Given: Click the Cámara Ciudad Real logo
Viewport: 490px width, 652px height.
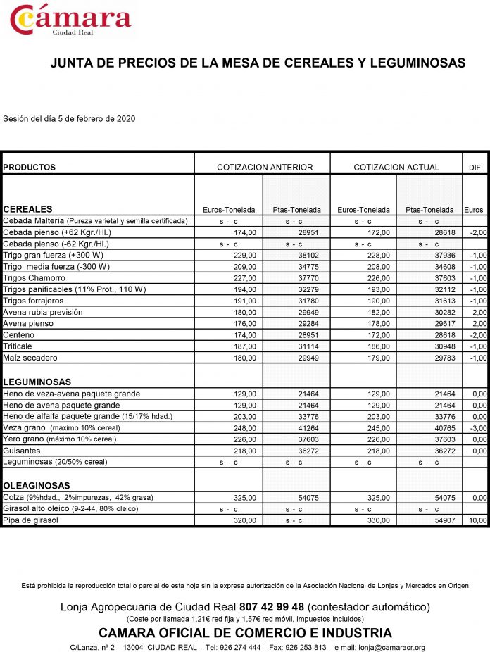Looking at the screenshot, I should point(70,20).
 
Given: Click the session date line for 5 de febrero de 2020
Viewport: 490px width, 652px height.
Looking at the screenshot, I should point(69,118).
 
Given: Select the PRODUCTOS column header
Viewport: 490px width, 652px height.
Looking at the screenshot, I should point(30,168).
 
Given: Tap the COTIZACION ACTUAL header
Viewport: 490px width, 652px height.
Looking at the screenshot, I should point(396,168).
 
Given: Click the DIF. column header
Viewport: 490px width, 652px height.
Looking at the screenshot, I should point(475,168).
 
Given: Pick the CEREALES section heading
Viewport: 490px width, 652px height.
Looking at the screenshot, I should point(27,209).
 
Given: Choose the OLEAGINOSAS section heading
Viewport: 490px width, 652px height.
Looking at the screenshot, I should point(37,486).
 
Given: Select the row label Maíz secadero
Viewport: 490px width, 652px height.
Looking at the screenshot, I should point(30,358).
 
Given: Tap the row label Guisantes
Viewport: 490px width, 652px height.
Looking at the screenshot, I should point(22,451).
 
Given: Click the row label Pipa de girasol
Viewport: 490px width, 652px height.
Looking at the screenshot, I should point(30,520).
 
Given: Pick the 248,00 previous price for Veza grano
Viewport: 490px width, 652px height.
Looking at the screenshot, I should point(246,427).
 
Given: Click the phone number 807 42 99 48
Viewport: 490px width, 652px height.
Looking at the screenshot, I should point(272,606).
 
